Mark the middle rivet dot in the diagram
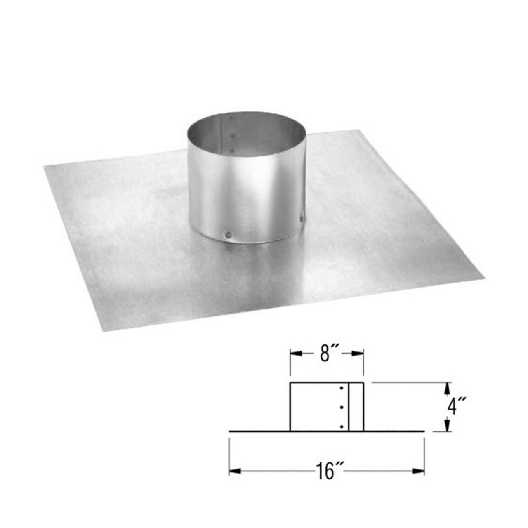click(342, 408)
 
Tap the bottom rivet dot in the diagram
click(342, 426)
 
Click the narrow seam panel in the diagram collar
click(356, 407)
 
